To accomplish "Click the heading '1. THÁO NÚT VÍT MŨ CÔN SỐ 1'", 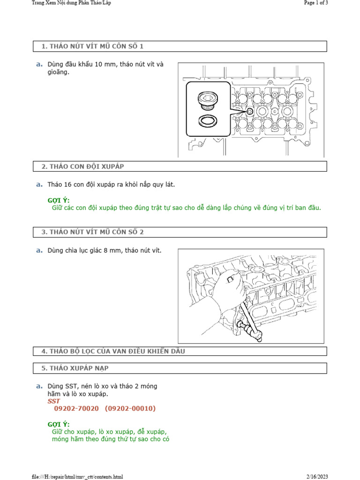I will pyautogui.click(x=92, y=46).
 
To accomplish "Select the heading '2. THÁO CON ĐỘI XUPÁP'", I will pyautogui.click(x=82, y=166).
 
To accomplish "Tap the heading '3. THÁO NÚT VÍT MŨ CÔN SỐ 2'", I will pyautogui.click(x=92, y=232).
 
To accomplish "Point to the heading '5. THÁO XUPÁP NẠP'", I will pyautogui.click(x=75, y=368).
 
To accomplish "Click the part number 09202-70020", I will pyautogui.click(x=76, y=409).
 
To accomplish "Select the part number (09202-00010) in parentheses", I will pyautogui.click(x=130, y=409).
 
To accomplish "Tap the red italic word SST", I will pyautogui.click(x=54, y=401).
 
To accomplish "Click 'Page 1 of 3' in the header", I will pyautogui.click(x=315, y=3).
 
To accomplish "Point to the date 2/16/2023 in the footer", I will pyautogui.click(x=317, y=477).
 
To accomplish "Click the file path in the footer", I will pyautogui.click(x=77, y=477).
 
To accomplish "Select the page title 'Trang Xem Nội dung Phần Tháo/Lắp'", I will pyautogui.click(x=71, y=3).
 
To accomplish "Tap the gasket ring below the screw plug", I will pyautogui.click(x=207, y=121).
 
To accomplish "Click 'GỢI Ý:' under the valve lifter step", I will pyautogui.click(x=59, y=200).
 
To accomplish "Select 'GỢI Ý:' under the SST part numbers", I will pyautogui.click(x=59, y=424).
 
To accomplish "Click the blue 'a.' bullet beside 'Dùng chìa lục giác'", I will pyautogui.click(x=39, y=250).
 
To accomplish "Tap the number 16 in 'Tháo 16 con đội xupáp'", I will pyautogui.click(x=68, y=185).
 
